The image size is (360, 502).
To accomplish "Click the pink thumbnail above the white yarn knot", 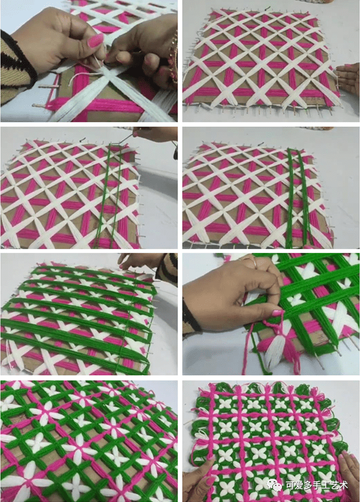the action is coord(95,40).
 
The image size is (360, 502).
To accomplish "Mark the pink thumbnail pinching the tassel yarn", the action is coord(278,313).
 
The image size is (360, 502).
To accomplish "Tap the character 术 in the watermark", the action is coord(343,485).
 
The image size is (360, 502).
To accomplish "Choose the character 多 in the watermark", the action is coord(307,485).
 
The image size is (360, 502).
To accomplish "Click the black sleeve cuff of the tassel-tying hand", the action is coord(190,316).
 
